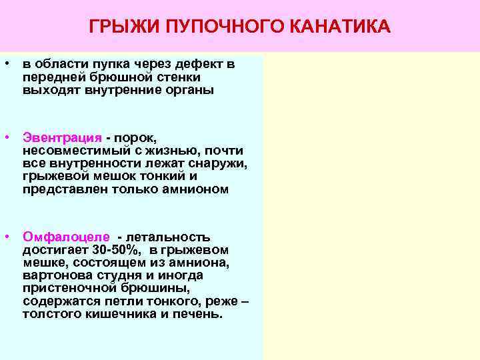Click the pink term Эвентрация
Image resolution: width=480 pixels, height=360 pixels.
(x=62, y=138)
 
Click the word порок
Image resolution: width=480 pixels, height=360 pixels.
(x=134, y=138)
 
